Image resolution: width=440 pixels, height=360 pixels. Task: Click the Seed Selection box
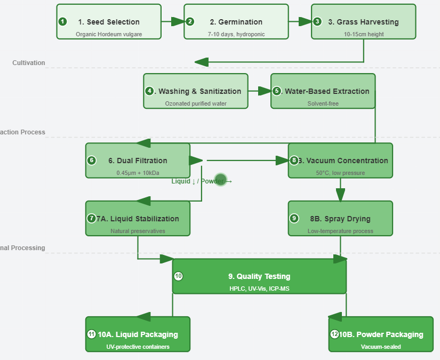click(x=109, y=22)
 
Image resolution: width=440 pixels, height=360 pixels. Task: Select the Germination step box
click(x=236, y=22)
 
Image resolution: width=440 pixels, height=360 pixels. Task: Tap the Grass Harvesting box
click(x=364, y=22)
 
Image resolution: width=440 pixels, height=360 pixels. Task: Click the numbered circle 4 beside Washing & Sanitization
click(x=149, y=91)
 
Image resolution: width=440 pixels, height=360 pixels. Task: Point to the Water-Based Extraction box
click(x=323, y=91)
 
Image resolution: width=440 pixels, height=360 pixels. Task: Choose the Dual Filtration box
click(x=138, y=161)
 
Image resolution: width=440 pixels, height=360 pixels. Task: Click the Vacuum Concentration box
click(x=340, y=161)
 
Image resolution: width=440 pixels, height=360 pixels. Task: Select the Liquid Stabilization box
click(x=138, y=219)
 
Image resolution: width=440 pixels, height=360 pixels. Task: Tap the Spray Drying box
click(x=340, y=219)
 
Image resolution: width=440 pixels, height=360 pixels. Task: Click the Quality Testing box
click(x=259, y=276)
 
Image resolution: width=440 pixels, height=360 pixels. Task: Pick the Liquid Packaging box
click(x=138, y=334)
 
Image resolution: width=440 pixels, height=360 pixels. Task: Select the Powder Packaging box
click(x=381, y=334)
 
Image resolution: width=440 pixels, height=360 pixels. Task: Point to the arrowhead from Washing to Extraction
click(x=265, y=91)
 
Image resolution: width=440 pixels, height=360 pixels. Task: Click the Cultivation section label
click(x=29, y=63)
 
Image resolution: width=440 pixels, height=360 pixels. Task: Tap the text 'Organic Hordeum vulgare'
click(x=109, y=34)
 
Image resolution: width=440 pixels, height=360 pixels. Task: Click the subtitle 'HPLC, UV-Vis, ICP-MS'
click(x=259, y=289)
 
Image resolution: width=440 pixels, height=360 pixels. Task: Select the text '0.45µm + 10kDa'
click(x=138, y=173)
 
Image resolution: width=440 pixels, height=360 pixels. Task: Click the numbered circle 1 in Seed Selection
click(x=63, y=22)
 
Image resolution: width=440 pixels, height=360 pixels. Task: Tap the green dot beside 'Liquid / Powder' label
click(x=221, y=180)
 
